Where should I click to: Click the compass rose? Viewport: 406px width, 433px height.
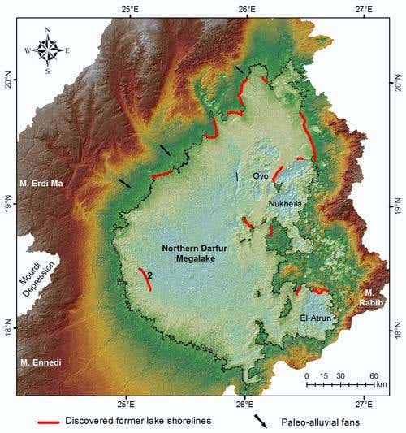[x=48, y=50]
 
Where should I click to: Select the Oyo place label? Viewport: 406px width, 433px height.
[x=260, y=175]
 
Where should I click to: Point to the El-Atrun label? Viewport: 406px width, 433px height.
[x=316, y=318]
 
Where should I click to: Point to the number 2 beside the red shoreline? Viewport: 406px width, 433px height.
[x=151, y=276]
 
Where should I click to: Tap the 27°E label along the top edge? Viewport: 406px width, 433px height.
[x=363, y=9]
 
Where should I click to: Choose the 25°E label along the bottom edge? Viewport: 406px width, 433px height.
[x=126, y=403]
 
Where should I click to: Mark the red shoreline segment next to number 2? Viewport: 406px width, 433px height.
[x=144, y=279]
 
